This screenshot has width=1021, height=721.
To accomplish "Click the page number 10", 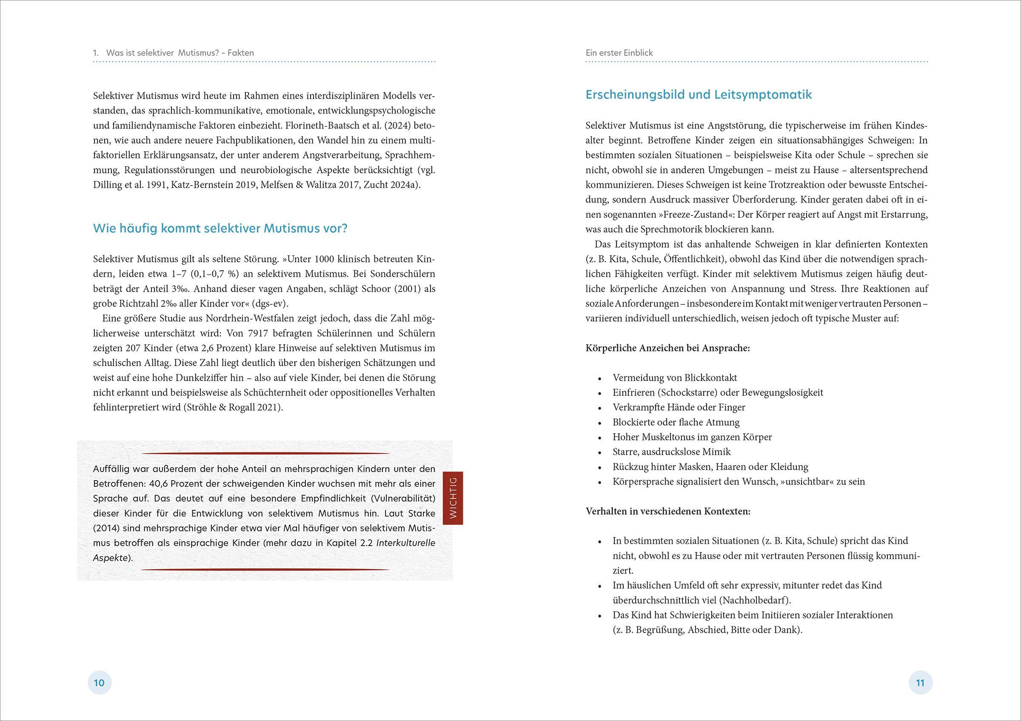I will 99,682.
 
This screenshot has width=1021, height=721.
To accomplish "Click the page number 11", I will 920,682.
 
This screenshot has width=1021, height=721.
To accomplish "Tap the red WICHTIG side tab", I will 453,498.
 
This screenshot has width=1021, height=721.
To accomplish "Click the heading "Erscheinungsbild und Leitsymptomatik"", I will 699,95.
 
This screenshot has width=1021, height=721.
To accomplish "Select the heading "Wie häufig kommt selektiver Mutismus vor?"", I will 220,229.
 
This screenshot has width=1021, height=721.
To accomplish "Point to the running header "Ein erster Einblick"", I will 619,53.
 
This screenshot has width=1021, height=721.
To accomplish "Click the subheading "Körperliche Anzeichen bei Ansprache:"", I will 667,348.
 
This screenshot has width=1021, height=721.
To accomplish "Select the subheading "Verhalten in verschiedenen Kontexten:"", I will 668,512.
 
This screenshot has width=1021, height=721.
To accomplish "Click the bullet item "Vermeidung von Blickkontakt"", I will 675,378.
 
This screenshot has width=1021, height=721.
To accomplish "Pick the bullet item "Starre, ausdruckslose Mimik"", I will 671,452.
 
